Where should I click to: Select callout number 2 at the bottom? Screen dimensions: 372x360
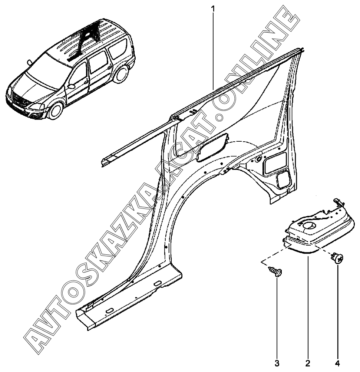[307, 362]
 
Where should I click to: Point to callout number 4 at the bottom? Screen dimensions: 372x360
[337, 362]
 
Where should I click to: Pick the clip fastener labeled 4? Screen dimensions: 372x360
[338, 257]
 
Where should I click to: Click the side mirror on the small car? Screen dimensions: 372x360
[71, 86]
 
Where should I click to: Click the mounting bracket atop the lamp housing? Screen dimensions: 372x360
[338, 203]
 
